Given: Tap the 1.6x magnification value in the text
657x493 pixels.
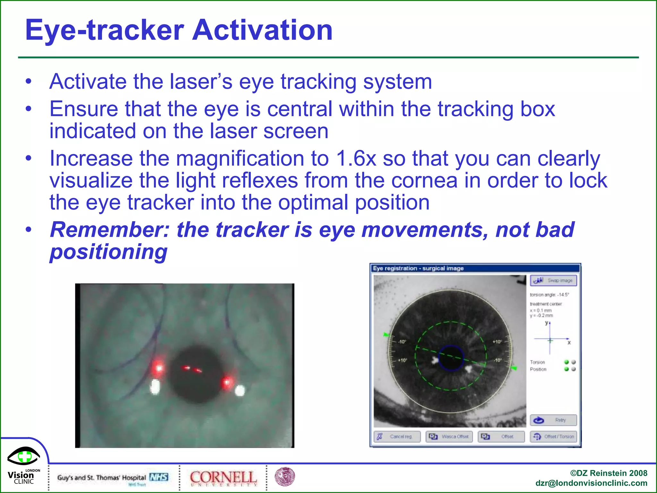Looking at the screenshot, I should click(x=356, y=159).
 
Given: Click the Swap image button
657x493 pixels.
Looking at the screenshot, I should click(x=553, y=281).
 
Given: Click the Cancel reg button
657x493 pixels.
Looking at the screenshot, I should click(x=397, y=437).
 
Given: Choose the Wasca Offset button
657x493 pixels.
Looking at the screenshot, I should click(x=449, y=437).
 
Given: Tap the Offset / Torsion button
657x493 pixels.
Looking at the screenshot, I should click(x=553, y=437).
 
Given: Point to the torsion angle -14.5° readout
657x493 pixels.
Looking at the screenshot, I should click(x=549, y=295).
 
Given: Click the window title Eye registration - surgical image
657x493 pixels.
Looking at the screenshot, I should click(x=418, y=268).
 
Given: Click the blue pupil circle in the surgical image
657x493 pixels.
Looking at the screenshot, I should click(x=451, y=358).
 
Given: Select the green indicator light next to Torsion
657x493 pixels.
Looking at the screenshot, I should click(x=567, y=362).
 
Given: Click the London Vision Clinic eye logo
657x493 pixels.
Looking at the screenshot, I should click(x=24, y=456).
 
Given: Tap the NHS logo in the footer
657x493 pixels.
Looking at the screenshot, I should click(x=159, y=477).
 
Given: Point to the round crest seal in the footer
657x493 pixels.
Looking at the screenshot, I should click(x=285, y=477).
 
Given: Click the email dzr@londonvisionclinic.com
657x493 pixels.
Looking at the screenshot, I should click(x=591, y=483).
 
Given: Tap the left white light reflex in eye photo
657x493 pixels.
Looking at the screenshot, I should click(x=155, y=386).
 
